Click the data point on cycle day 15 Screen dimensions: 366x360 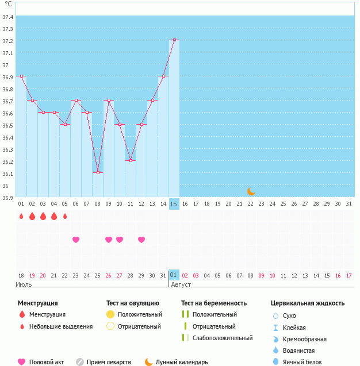tap(174, 40)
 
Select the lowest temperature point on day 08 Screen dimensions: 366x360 tap(98, 173)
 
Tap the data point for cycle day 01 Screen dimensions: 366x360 tap(21, 76)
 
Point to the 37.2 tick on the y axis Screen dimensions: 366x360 tap(8, 41)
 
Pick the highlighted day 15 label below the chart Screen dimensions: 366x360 tap(174, 204)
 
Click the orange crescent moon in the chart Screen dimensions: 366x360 tap(251, 191)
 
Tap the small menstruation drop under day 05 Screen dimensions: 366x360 tap(65, 217)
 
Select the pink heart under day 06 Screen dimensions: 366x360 tap(76, 240)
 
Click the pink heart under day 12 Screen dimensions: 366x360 tap(141, 240)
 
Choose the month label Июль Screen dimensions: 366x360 tap(24, 284)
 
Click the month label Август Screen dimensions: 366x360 tap(181, 284)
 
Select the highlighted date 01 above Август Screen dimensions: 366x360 tap(174, 275)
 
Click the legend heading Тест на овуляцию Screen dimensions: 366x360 tap(132, 303)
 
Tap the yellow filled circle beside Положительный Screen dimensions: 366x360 tap(110, 315)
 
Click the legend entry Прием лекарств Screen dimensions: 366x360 tap(109, 362)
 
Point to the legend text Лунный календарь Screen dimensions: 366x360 tap(182, 362)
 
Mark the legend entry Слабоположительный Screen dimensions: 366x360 tap(222, 338)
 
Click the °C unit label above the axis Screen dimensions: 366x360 tap(7, 4)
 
